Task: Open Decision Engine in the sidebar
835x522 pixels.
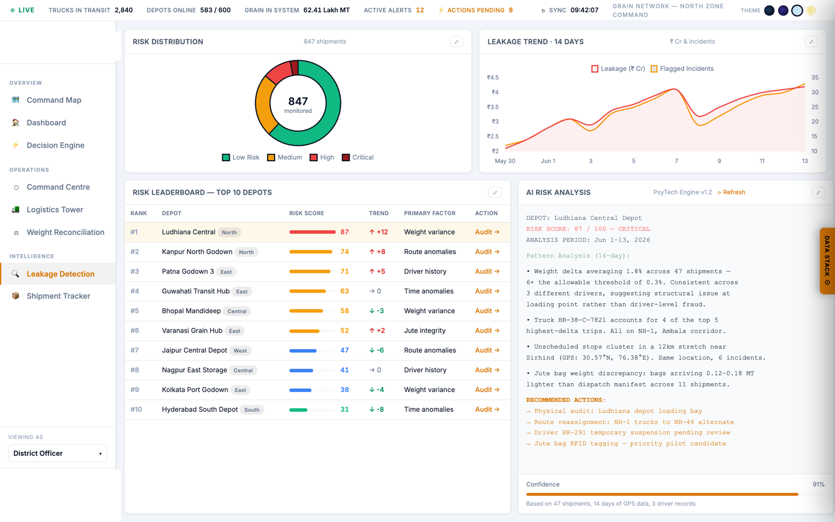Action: pos(55,145)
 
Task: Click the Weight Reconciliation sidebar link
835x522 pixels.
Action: pos(65,232)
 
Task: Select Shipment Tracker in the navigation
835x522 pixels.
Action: pos(58,296)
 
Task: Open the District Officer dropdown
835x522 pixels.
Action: pos(58,453)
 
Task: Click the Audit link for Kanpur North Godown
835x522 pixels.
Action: pos(487,252)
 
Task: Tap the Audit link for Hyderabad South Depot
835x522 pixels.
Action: pos(487,409)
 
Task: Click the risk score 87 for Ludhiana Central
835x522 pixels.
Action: pos(344,232)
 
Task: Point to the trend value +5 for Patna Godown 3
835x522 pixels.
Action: pos(380,271)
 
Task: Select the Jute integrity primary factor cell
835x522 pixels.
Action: pos(425,330)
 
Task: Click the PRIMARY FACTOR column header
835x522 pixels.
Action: pos(430,213)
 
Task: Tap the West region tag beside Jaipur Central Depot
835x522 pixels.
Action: pos(240,350)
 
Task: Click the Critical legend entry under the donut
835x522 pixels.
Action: pos(358,157)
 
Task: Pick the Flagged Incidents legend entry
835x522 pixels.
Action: pos(682,68)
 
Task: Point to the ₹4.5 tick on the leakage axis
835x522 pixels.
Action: pos(493,78)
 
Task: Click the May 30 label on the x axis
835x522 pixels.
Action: pos(505,161)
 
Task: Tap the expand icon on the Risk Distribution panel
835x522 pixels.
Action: pos(456,42)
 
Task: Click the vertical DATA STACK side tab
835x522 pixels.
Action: pos(827,260)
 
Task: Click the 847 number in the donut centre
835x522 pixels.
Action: pos(298,101)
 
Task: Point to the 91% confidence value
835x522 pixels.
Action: pos(818,484)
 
